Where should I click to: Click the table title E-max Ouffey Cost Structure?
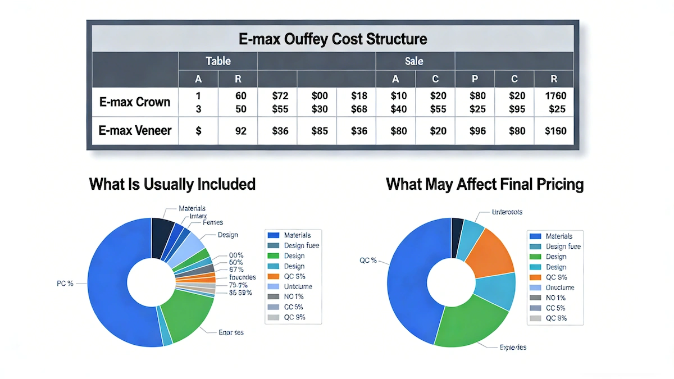[333, 39]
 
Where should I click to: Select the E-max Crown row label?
[134, 102]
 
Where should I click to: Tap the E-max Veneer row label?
[134, 131]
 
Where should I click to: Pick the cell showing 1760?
[555, 95]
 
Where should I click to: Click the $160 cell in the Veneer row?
[555, 131]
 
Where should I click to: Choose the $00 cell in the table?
[319, 95]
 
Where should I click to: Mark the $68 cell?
[359, 109]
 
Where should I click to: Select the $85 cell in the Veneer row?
[319, 131]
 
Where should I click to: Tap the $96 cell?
[477, 131]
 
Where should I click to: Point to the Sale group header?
[414, 61]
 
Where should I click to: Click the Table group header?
[218, 61]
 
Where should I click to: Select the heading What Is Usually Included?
[172, 184]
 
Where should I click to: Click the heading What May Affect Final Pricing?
[485, 184]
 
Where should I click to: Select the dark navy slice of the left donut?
[162, 231]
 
